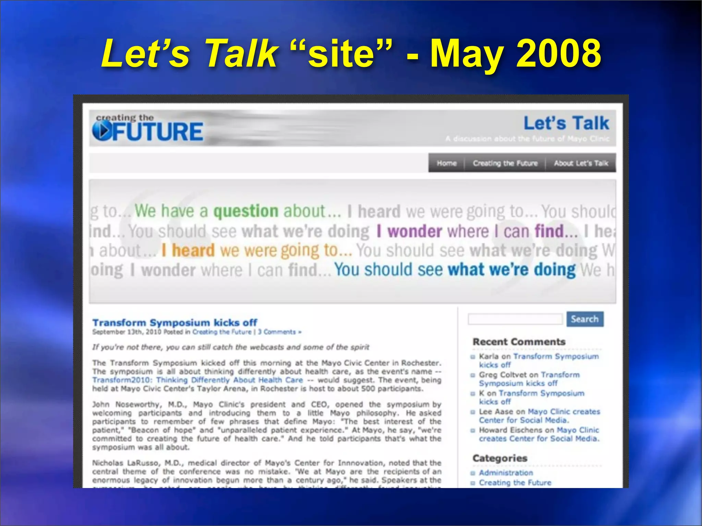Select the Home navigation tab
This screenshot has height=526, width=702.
pos(446,163)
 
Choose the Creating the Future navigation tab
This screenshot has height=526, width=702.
pos(505,163)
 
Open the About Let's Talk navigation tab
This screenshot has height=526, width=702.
pos(581,163)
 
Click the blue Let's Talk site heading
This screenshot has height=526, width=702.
pos(566,123)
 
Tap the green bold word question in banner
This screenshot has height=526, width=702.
pos(246,211)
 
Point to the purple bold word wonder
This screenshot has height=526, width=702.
pos(414,231)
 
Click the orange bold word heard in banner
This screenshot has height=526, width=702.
pos(193,250)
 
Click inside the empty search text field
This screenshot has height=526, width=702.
pos(515,319)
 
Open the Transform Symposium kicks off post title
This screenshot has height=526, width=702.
pos(175,323)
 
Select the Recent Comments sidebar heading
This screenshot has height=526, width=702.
pos(519,342)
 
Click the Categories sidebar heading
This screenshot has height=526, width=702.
pos(499,458)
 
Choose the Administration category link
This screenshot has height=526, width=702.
pos(506,473)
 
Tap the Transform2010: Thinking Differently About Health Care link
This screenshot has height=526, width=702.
pos(197,380)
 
